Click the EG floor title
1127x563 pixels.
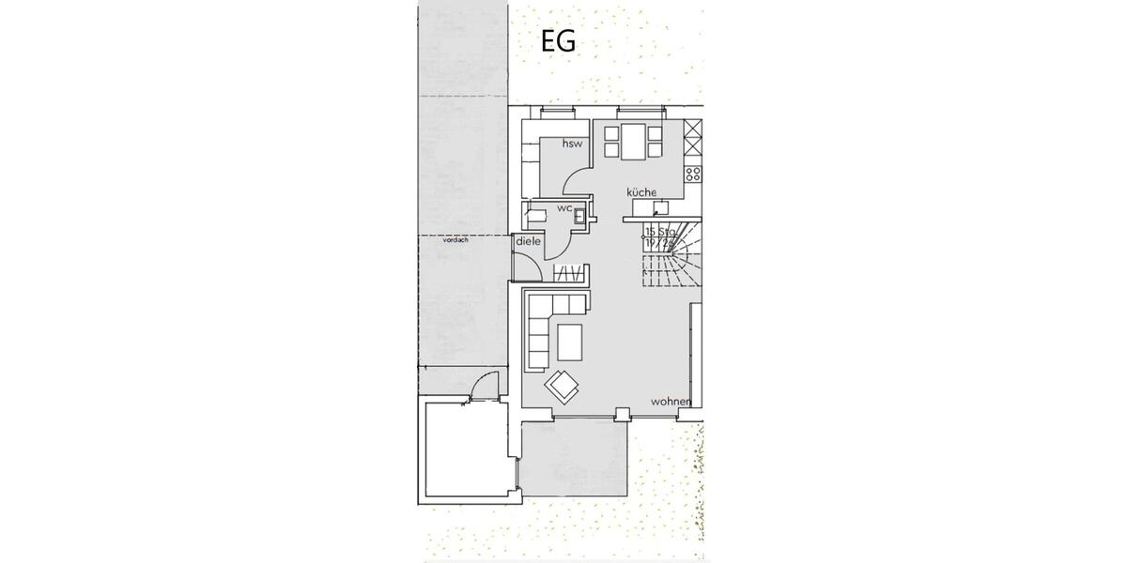pyautogui.click(x=558, y=41)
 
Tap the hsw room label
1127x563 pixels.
pyautogui.click(x=572, y=144)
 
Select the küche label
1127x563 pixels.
pyautogui.click(x=642, y=192)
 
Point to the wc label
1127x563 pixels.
pyautogui.click(x=564, y=207)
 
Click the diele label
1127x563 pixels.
pyautogui.click(x=528, y=241)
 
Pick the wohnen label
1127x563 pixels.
pyautogui.click(x=672, y=402)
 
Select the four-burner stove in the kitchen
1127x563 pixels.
pyautogui.click(x=693, y=174)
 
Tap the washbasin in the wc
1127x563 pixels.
pyautogui.click(x=582, y=217)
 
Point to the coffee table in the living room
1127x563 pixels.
pyautogui.click(x=570, y=342)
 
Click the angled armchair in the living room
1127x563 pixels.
pyautogui.click(x=564, y=385)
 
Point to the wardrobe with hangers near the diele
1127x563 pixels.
pyautogui.click(x=569, y=275)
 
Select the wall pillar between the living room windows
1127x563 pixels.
pyautogui.click(x=620, y=412)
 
